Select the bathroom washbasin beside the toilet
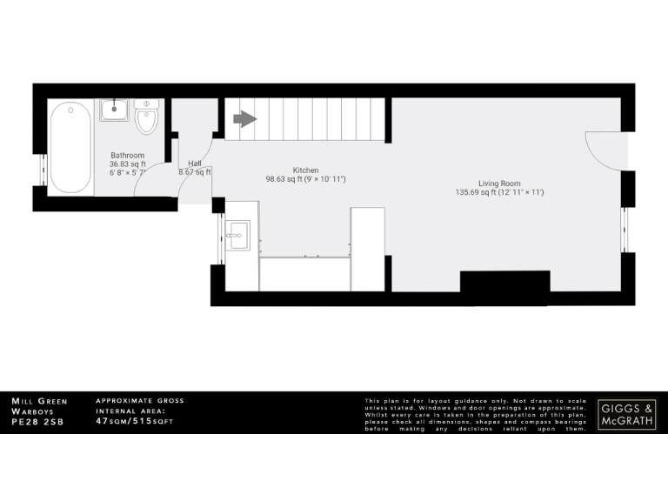115,110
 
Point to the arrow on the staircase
244,118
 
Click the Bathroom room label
127,156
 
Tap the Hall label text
195,164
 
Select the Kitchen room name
305,170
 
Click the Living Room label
499,184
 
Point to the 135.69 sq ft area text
475,192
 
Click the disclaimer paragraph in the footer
477,414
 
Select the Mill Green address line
39,401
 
